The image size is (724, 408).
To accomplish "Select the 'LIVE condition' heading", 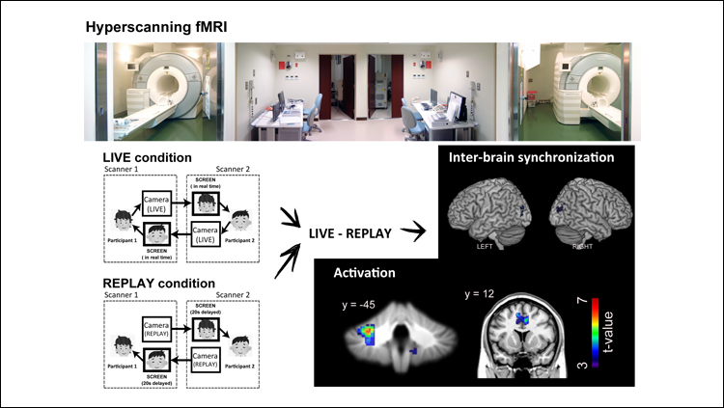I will pyautogui.click(x=148, y=157).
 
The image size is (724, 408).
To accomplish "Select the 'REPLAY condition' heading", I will pyautogui.click(x=157, y=284).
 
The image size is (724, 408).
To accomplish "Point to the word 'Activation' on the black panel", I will pyautogui.click(x=364, y=272).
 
